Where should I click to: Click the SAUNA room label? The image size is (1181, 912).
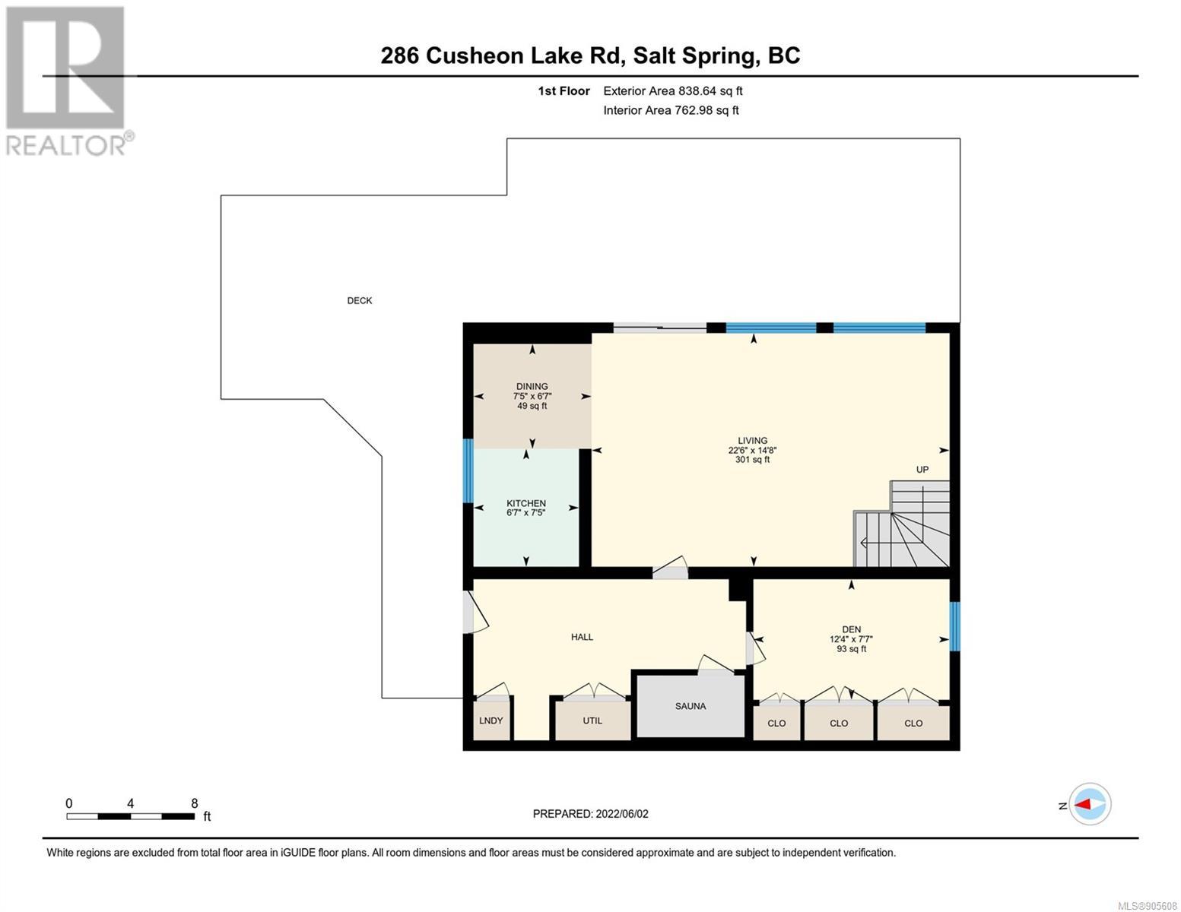point(691,706)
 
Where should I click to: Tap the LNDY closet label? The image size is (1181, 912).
point(490,720)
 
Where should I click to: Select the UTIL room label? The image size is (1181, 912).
point(592,720)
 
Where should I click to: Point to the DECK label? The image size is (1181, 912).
point(359,300)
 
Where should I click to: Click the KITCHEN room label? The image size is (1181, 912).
point(526,504)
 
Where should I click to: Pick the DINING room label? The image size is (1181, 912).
point(532,387)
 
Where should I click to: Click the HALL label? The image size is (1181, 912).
point(582,637)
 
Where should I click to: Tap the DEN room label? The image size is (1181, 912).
point(851,629)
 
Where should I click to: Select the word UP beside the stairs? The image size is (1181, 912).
point(922,470)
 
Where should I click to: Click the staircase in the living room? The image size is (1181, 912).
point(902,524)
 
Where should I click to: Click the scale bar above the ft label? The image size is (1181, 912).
point(131,816)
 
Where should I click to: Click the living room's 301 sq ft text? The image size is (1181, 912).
point(752,460)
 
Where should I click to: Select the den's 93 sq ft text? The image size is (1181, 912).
point(851,648)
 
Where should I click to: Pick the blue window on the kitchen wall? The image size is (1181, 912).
point(468,471)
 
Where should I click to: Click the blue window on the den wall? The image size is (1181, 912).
point(954,626)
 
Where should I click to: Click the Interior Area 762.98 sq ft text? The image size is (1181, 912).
point(671,110)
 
